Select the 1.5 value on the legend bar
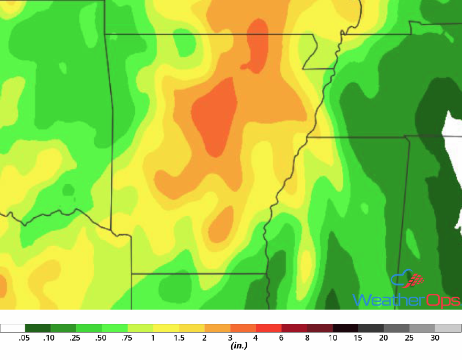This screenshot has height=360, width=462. click(x=179, y=338)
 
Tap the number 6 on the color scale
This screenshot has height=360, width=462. click(x=281, y=338)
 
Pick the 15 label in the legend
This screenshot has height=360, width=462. click(x=359, y=338)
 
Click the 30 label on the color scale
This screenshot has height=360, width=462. click(x=435, y=338)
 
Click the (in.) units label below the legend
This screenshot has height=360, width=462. click(x=239, y=346)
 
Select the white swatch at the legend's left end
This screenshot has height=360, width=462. click(x=13, y=329)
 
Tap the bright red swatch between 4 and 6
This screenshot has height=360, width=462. click(x=269, y=329)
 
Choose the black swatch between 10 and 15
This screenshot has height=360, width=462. click(x=345, y=329)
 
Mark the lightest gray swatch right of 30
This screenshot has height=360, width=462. click(x=448, y=329)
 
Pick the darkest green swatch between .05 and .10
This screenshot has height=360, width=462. click(x=38, y=329)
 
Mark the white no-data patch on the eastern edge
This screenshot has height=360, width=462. click(x=453, y=131)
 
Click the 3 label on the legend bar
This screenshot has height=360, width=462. click(x=230, y=338)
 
